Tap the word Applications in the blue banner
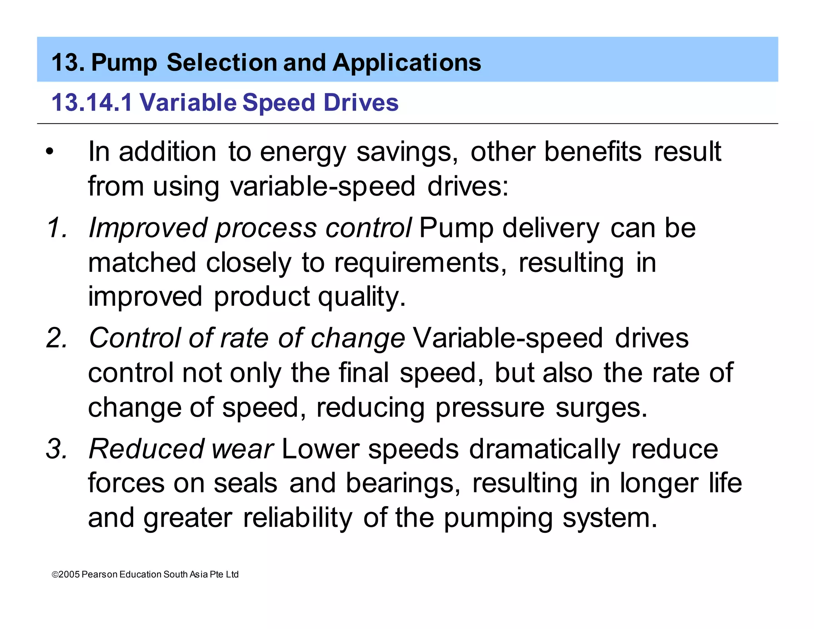pos(407,63)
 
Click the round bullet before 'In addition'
pos(49,152)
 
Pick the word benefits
pos(593,152)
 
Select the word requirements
pos(420,263)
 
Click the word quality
pos(362,297)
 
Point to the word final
pos(363,373)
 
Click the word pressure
pos(490,408)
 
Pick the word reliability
pos(297,518)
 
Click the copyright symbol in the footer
pos(55,575)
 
